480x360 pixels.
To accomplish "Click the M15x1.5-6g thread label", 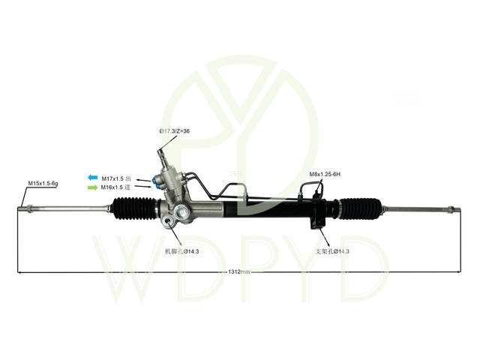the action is (x=43, y=183).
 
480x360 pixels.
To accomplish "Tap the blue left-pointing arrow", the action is (x=93, y=178).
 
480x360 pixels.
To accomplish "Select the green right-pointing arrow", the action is (x=93, y=187).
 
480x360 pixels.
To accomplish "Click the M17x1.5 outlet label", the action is (x=116, y=178).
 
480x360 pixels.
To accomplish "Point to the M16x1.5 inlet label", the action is (x=115, y=187).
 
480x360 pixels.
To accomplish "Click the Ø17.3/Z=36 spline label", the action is (x=175, y=131).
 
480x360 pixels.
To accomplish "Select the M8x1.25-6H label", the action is (x=325, y=174).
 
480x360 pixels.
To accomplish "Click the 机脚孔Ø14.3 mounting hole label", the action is (x=181, y=252).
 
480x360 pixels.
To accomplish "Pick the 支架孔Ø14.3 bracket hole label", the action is (x=332, y=252).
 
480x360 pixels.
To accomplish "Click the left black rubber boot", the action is (x=135, y=208).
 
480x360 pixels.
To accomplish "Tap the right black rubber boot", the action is (x=361, y=208).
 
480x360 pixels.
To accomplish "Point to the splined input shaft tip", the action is (x=160, y=152).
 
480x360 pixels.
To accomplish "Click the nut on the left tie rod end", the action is (x=30, y=209).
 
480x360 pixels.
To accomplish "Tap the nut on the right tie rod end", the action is (x=451, y=210).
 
